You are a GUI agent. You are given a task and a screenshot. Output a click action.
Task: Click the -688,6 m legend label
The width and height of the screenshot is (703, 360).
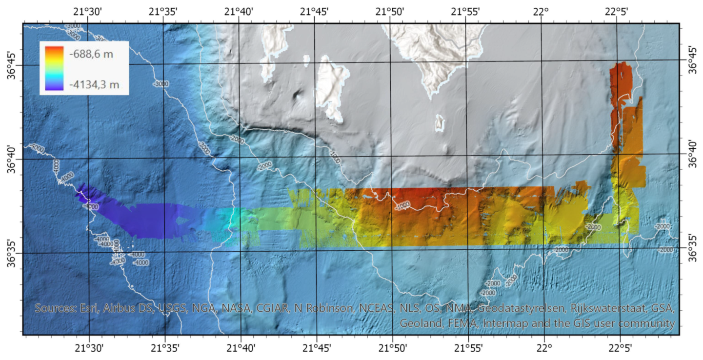[x=91, y=54]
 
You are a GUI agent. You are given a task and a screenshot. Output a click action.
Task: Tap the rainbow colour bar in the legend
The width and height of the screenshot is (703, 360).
[x=54, y=68]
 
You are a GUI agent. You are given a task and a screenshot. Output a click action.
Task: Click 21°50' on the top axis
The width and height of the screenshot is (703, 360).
[x=390, y=11]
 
